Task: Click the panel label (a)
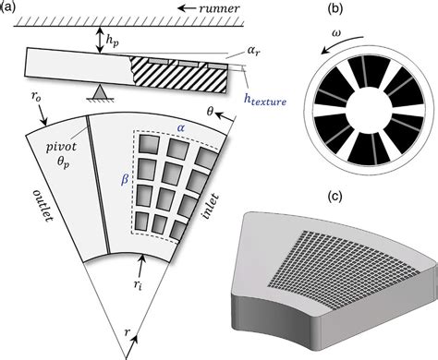(x=10, y=7)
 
